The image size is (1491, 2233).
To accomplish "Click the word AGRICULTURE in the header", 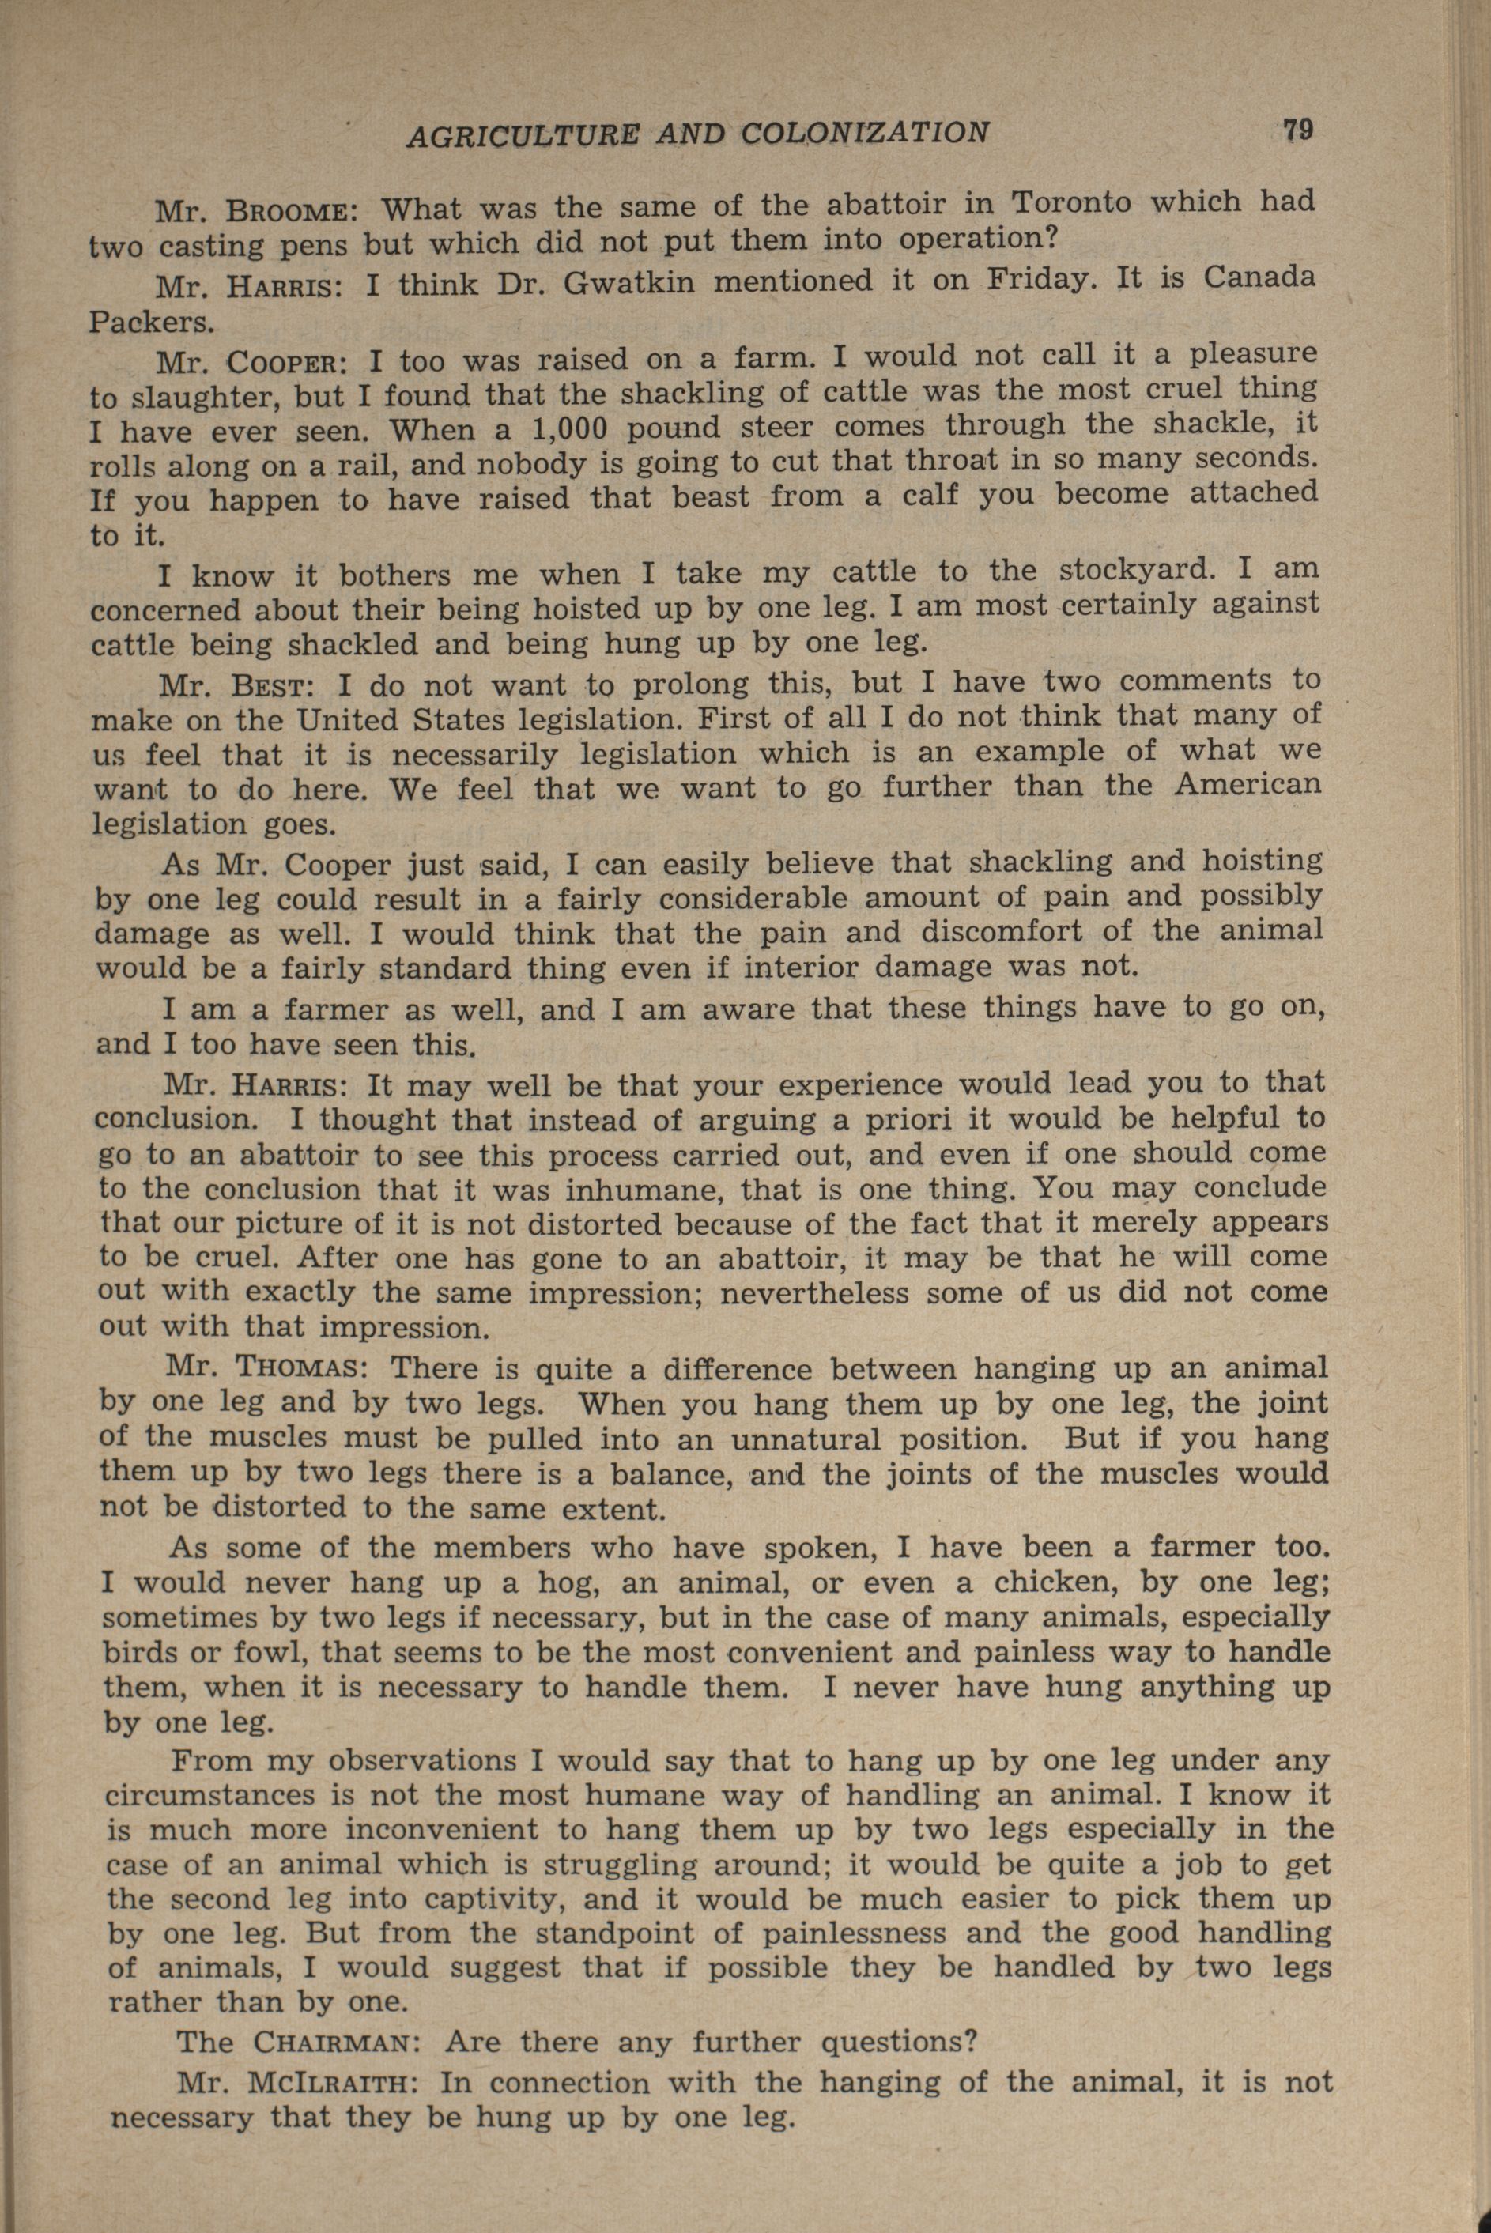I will tap(521, 135).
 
